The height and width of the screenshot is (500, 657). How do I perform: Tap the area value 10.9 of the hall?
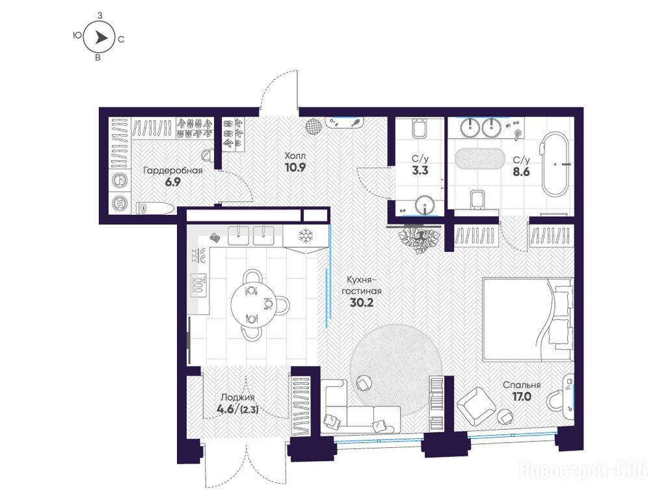coord(295,167)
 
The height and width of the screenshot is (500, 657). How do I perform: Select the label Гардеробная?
coord(172,171)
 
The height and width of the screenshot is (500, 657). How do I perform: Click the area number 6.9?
coord(172,182)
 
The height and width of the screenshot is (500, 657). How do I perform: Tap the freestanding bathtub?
coord(554,164)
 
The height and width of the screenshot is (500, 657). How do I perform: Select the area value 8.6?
coord(522,172)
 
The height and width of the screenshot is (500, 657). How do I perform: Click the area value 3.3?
coord(420,171)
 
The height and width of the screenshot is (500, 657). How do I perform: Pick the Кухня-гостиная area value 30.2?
coord(362,303)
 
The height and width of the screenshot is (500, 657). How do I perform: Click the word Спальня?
coord(522,385)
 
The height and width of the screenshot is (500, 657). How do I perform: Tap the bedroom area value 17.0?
coord(522,396)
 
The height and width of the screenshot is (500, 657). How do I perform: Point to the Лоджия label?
coord(237,398)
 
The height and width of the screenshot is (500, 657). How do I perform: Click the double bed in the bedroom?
coord(528,319)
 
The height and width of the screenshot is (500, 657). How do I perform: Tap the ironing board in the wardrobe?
coord(155,208)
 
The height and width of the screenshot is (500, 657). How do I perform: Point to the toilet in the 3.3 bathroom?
coord(420,129)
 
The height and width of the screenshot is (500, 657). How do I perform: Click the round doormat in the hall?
coord(314,126)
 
